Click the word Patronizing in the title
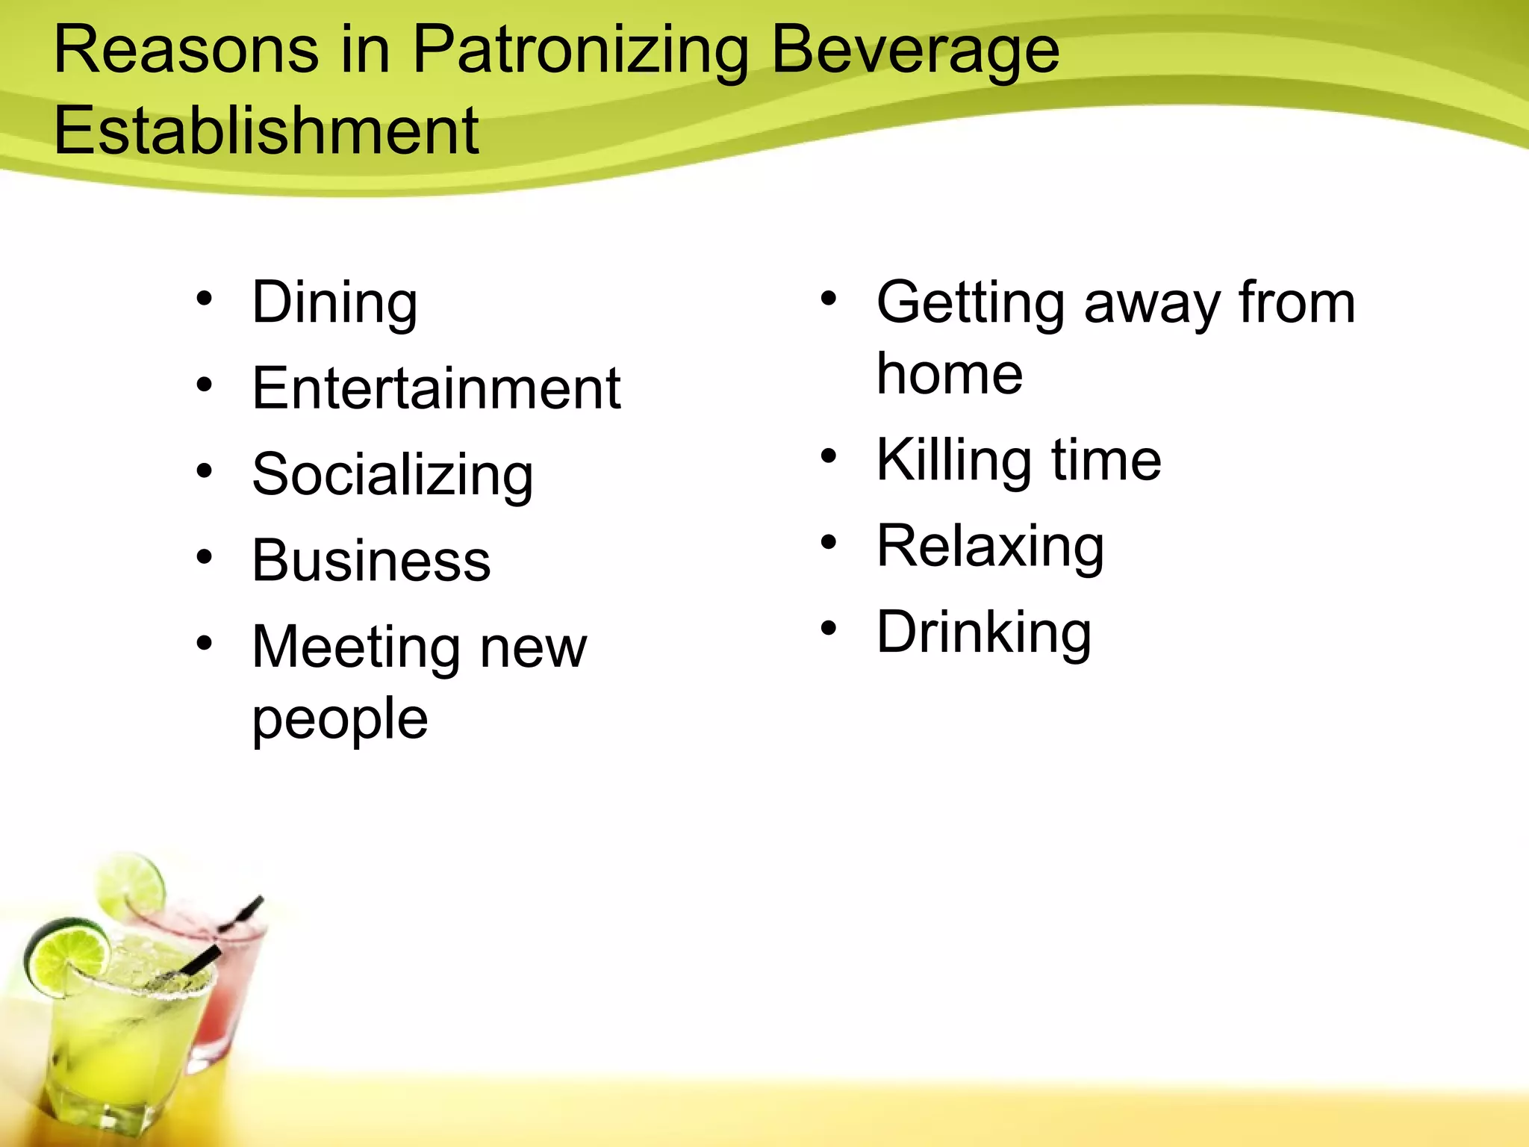(x=580, y=52)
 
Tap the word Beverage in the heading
(x=915, y=52)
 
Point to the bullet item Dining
(x=334, y=303)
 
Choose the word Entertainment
(x=436, y=389)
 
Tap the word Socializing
(x=393, y=476)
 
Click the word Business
(x=371, y=562)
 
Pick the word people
(x=340, y=719)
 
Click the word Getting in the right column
(x=970, y=303)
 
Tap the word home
(x=949, y=374)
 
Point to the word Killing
(x=953, y=460)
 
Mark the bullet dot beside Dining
(x=204, y=299)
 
